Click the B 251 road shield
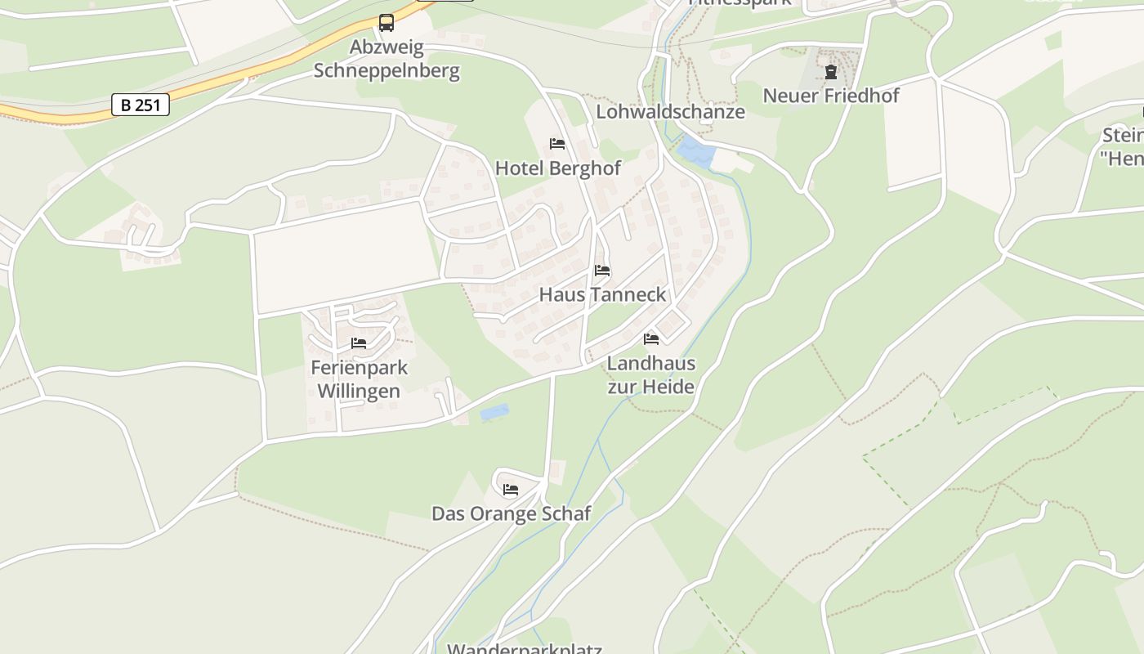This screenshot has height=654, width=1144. click(x=141, y=105)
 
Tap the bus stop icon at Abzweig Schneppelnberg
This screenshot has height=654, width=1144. click(x=387, y=23)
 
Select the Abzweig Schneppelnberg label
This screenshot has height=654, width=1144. click(x=387, y=58)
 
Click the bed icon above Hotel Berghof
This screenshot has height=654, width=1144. click(x=557, y=144)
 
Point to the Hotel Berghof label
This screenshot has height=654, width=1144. click(x=557, y=168)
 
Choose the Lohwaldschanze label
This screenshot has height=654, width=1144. click(x=670, y=112)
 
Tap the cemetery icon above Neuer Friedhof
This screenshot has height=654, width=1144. click(x=831, y=72)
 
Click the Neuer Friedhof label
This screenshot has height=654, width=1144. click(x=830, y=96)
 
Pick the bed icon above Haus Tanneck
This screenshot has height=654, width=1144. click(x=602, y=271)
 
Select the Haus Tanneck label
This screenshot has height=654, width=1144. click(x=602, y=294)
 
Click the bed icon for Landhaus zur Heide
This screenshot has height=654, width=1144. click(x=651, y=338)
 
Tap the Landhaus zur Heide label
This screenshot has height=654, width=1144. click(x=650, y=374)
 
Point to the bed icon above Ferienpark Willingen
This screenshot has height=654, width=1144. click(x=359, y=343)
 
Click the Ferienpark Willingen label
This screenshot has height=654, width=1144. click(x=359, y=379)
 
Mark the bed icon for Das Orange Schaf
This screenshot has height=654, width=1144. click(x=511, y=490)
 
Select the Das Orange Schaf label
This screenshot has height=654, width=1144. click(x=511, y=513)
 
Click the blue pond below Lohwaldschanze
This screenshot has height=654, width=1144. click(x=694, y=152)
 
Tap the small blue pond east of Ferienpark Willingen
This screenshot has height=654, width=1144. click(x=494, y=413)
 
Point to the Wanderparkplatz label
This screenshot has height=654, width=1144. click(x=524, y=649)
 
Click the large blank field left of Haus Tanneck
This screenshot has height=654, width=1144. click(x=345, y=255)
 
